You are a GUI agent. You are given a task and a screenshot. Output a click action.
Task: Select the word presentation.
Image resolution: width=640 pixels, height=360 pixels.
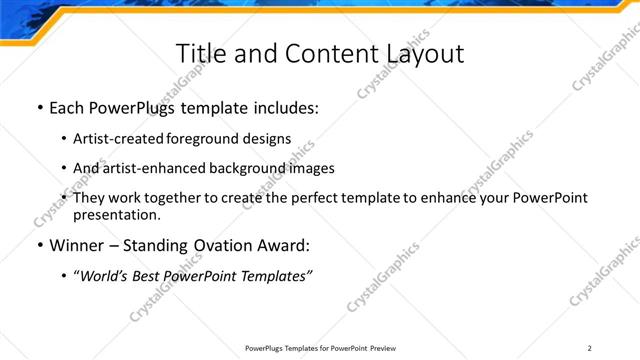tap(116, 214)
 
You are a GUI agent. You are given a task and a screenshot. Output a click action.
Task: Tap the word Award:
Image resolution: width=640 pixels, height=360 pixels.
tap(288, 244)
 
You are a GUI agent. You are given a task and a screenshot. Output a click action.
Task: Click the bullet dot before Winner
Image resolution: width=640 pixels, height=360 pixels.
tap(39, 244)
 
